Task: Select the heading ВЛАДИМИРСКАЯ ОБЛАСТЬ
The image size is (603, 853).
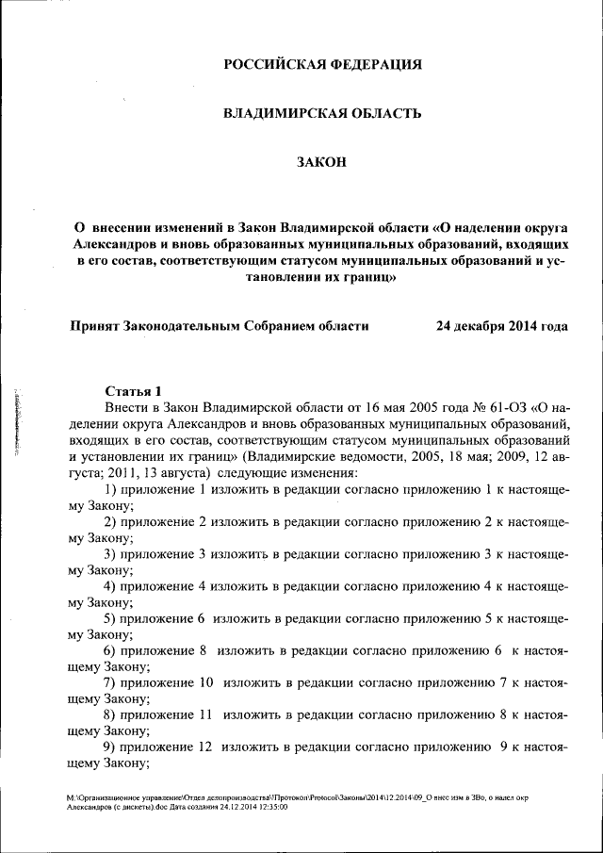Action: click(x=321, y=113)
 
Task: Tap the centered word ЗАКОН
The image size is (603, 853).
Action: click(x=322, y=162)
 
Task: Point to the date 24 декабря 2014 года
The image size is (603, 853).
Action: click(x=501, y=326)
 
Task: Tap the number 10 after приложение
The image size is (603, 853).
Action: click(x=204, y=682)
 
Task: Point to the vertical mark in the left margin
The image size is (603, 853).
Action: click(x=17, y=421)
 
